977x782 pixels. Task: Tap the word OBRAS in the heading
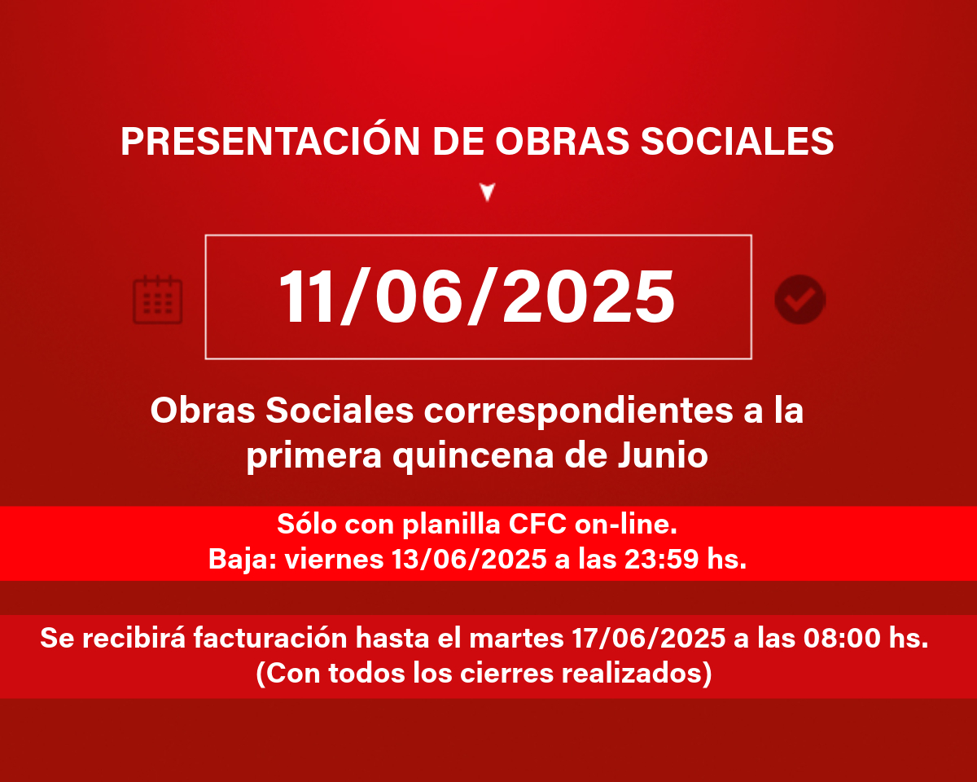[x=562, y=141]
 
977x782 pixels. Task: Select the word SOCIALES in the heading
[x=737, y=141]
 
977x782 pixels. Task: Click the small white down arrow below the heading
[x=488, y=191]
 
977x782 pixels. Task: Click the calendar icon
[x=157, y=300]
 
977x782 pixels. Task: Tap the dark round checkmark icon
[x=800, y=300]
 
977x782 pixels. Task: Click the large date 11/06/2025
[x=477, y=297]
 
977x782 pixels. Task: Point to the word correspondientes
[x=578, y=411]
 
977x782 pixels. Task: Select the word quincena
[x=473, y=455]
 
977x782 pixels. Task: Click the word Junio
[x=663, y=455]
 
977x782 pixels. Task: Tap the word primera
[x=313, y=455]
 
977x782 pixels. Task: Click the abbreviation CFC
[x=537, y=524]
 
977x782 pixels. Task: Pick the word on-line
[x=626, y=524]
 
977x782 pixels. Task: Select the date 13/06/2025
[x=469, y=559]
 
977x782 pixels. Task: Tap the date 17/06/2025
[x=649, y=638]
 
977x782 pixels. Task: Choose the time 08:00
[x=842, y=638]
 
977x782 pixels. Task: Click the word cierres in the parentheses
[x=506, y=673]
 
